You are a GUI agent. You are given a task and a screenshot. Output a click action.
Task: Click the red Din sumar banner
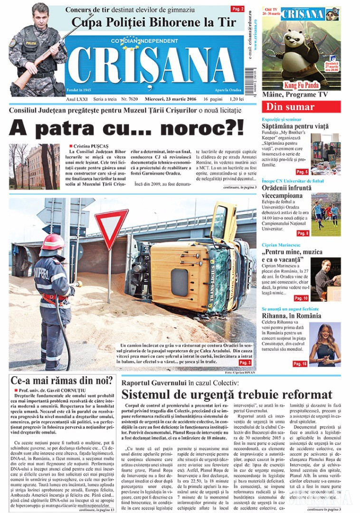tap(301, 107)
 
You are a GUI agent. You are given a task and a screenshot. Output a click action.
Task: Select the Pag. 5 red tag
tap(302, 171)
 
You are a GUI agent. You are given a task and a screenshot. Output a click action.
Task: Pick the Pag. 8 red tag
tap(303, 233)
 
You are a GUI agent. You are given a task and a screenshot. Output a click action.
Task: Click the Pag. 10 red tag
tap(301, 298)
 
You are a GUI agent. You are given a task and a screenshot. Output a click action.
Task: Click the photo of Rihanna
tap(324, 344)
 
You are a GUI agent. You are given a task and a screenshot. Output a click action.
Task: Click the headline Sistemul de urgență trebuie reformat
tap(227, 394)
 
